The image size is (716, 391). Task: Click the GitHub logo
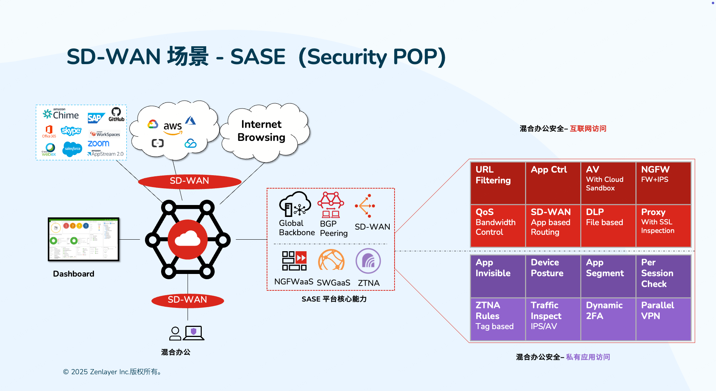116,114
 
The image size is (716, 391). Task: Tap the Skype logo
71,131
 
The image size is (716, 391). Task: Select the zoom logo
98,144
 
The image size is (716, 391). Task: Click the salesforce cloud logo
72,149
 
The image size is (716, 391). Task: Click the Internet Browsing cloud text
261,131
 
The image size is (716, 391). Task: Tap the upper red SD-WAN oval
189,181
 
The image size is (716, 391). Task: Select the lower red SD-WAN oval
187,300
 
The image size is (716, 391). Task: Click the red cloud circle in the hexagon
188,240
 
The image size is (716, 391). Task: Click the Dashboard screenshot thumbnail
84,239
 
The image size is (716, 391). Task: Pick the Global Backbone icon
295,204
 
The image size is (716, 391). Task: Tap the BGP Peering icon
331,205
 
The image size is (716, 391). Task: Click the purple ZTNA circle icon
368,261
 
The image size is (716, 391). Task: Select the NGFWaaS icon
294,261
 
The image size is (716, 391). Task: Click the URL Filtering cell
497,183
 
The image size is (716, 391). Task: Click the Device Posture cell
553,276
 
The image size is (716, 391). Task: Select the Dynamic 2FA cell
608,319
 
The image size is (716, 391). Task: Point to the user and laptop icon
186,333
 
